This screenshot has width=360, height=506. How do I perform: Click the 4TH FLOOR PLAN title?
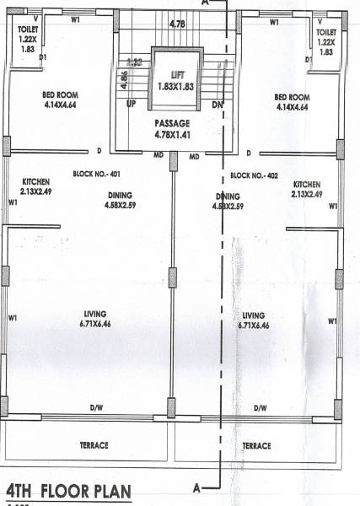(x=67, y=492)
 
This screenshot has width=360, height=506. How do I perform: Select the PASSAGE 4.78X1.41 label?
(x=172, y=129)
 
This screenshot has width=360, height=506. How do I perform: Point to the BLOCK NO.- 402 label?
(x=255, y=175)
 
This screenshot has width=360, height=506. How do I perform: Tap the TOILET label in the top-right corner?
(x=326, y=33)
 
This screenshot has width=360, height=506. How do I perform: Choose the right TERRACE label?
(x=256, y=445)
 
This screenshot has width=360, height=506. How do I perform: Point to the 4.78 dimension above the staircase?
(x=177, y=23)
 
